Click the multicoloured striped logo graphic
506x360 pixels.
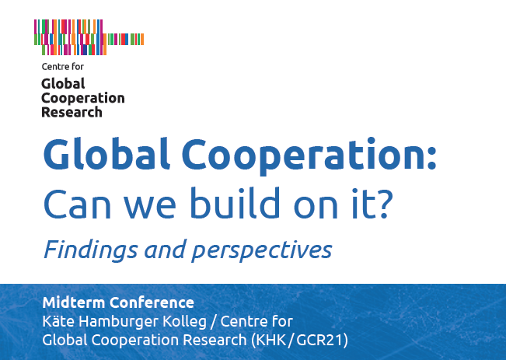[89, 37]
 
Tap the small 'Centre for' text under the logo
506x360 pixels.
[63, 67]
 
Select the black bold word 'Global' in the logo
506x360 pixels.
[63, 84]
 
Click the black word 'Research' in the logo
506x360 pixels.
[72, 112]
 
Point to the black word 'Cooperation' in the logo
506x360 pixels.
[83, 99]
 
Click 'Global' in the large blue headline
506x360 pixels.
[106, 154]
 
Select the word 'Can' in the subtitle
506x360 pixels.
[77, 204]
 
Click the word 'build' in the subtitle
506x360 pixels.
[235, 202]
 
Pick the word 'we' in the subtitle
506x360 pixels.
[150, 208]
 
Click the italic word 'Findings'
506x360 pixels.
[91, 250]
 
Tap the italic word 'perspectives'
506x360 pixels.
[262, 251]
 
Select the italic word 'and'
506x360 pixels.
[166, 250]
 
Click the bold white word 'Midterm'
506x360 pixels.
[74, 302]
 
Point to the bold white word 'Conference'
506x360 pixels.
[152, 302]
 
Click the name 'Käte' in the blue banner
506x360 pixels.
[58, 321]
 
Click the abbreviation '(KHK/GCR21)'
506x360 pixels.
[299, 340]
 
